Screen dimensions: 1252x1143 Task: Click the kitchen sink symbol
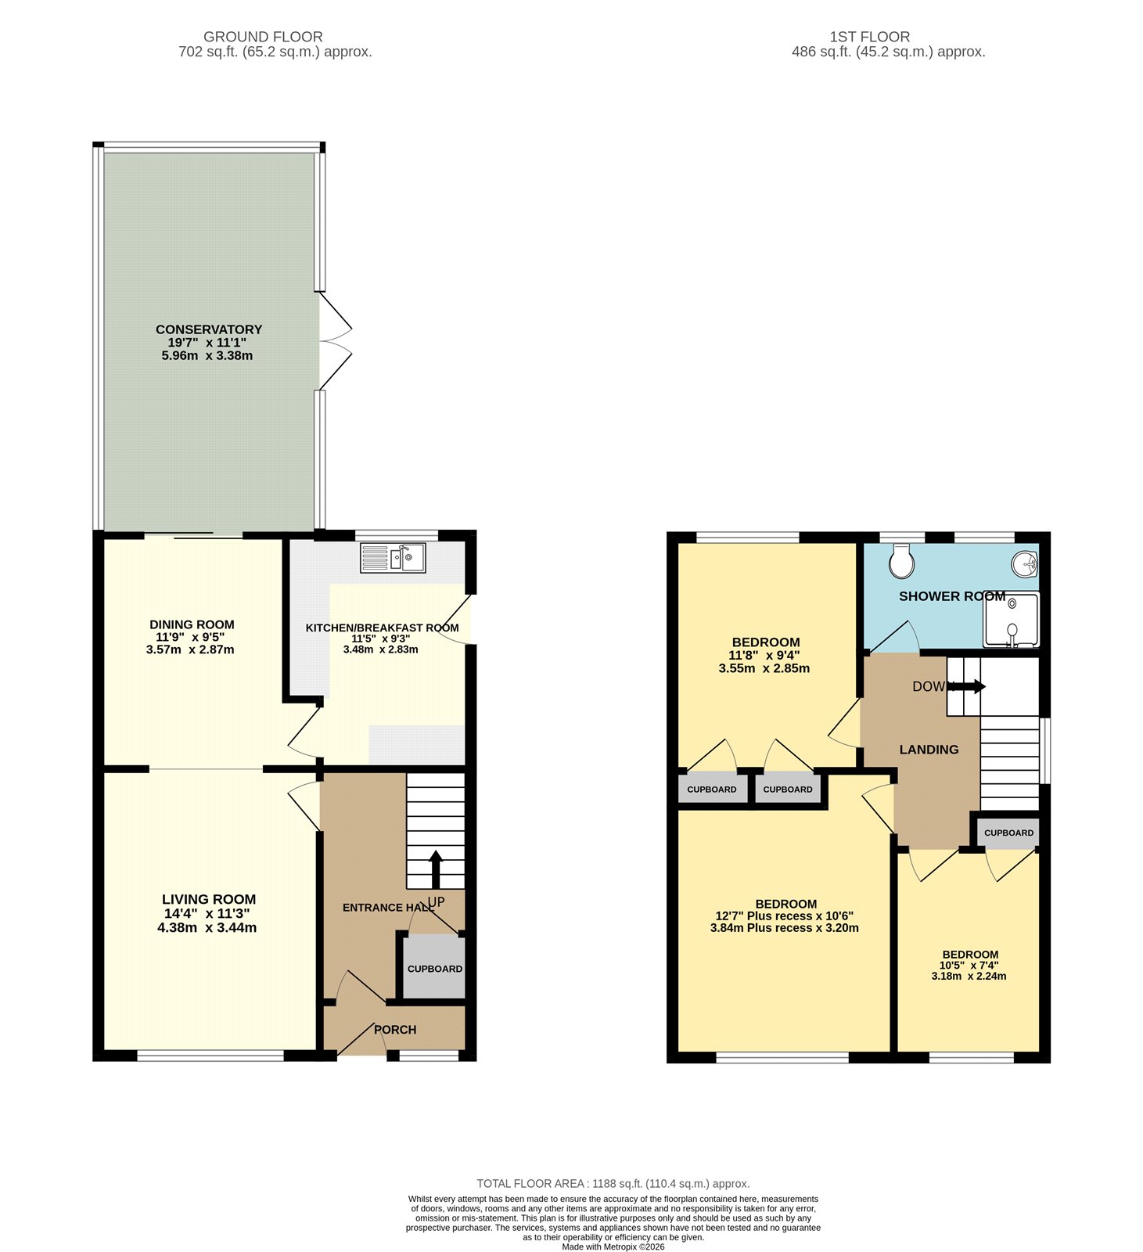(393, 558)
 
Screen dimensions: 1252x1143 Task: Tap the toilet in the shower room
(902, 560)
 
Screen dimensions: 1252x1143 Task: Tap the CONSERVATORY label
(209, 329)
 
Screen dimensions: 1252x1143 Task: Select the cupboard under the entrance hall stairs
(434, 968)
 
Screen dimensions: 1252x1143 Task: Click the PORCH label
(395, 1030)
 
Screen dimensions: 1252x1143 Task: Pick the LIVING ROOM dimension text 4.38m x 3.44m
(207, 928)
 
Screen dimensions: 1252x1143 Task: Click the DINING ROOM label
(192, 624)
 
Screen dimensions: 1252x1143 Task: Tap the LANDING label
(929, 750)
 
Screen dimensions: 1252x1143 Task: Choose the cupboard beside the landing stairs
(1008, 833)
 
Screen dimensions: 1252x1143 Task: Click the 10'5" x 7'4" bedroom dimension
(970, 966)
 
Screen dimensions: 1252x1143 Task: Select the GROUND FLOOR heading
(263, 37)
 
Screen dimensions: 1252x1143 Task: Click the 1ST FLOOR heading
(869, 37)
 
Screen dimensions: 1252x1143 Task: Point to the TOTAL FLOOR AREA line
(613, 1184)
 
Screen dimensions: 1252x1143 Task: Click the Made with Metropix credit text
(613, 1247)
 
